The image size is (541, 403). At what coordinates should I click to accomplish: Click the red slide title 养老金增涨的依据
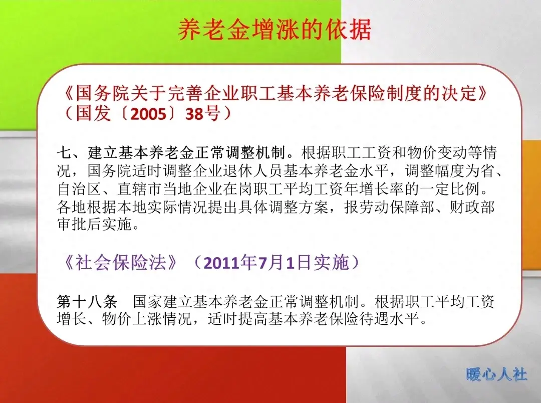pos(275,31)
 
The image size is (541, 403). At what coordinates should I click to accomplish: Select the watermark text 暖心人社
pos(496,374)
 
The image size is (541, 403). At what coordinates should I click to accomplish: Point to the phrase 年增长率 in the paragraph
pos(409,189)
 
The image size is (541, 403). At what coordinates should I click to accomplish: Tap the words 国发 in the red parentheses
pos(93,114)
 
